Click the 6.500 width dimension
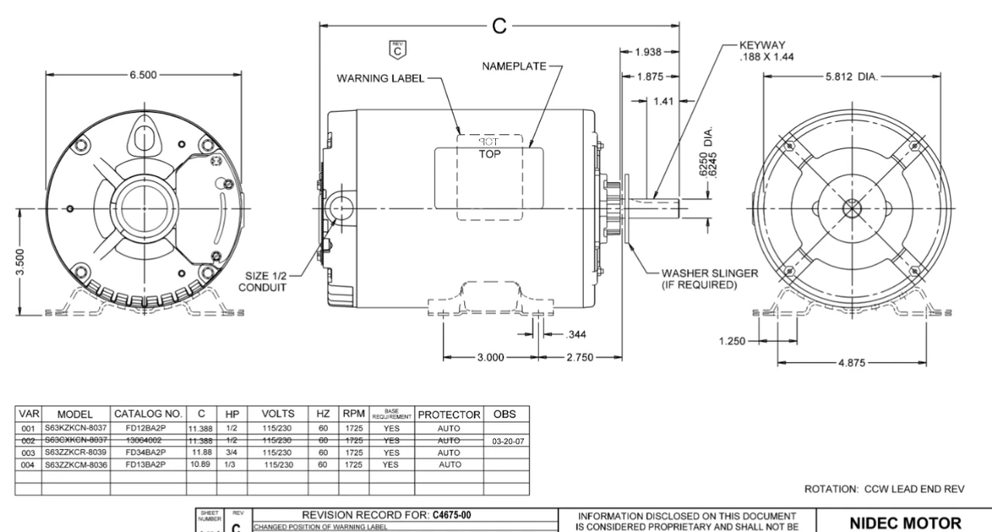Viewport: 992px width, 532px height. coord(144,75)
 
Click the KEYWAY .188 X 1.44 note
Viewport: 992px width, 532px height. coord(768,50)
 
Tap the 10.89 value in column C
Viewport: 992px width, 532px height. coord(201,465)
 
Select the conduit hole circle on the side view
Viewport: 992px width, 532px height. coord(339,208)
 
